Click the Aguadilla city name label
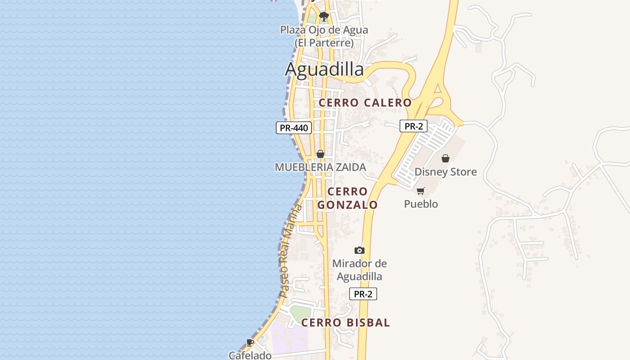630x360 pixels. click(324, 69)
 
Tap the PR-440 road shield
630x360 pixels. click(294, 128)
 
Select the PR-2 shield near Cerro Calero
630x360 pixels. click(413, 126)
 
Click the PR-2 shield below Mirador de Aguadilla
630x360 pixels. click(363, 294)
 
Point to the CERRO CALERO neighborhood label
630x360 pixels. click(365, 103)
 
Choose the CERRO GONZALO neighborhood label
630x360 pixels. click(347, 198)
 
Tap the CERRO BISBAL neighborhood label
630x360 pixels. click(345, 323)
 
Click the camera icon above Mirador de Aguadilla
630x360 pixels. click(359, 250)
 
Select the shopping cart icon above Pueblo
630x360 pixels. click(420, 191)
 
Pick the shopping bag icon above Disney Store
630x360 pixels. click(445, 158)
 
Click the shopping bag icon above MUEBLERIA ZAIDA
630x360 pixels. click(320, 154)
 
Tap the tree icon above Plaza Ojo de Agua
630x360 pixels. click(324, 17)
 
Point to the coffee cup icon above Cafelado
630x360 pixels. click(250, 343)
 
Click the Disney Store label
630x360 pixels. click(445, 172)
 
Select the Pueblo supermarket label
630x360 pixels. click(421, 204)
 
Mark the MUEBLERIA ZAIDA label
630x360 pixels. click(320, 167)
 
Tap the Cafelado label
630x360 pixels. click(250, 355)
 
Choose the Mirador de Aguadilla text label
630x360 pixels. click(359, 270)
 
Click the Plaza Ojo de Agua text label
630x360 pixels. click(324, 36)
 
